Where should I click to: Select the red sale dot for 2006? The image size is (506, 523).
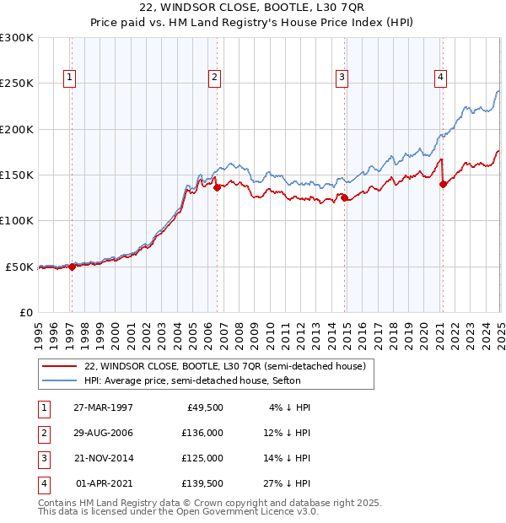tap(218, 188)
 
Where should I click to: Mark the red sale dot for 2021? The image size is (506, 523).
tap(443, 185)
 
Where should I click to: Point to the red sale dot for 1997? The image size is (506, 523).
tap(72, 267)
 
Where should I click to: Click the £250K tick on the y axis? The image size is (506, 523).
tap(17, 84)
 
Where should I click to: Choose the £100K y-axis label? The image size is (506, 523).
tap(17, 220)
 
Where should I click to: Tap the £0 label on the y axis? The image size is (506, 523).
tap(25, 312)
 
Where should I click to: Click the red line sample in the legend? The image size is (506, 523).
tap(59, 367)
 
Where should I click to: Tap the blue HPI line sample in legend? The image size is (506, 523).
tap(59, 380)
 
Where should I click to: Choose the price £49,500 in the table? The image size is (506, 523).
tap(205, 407)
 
